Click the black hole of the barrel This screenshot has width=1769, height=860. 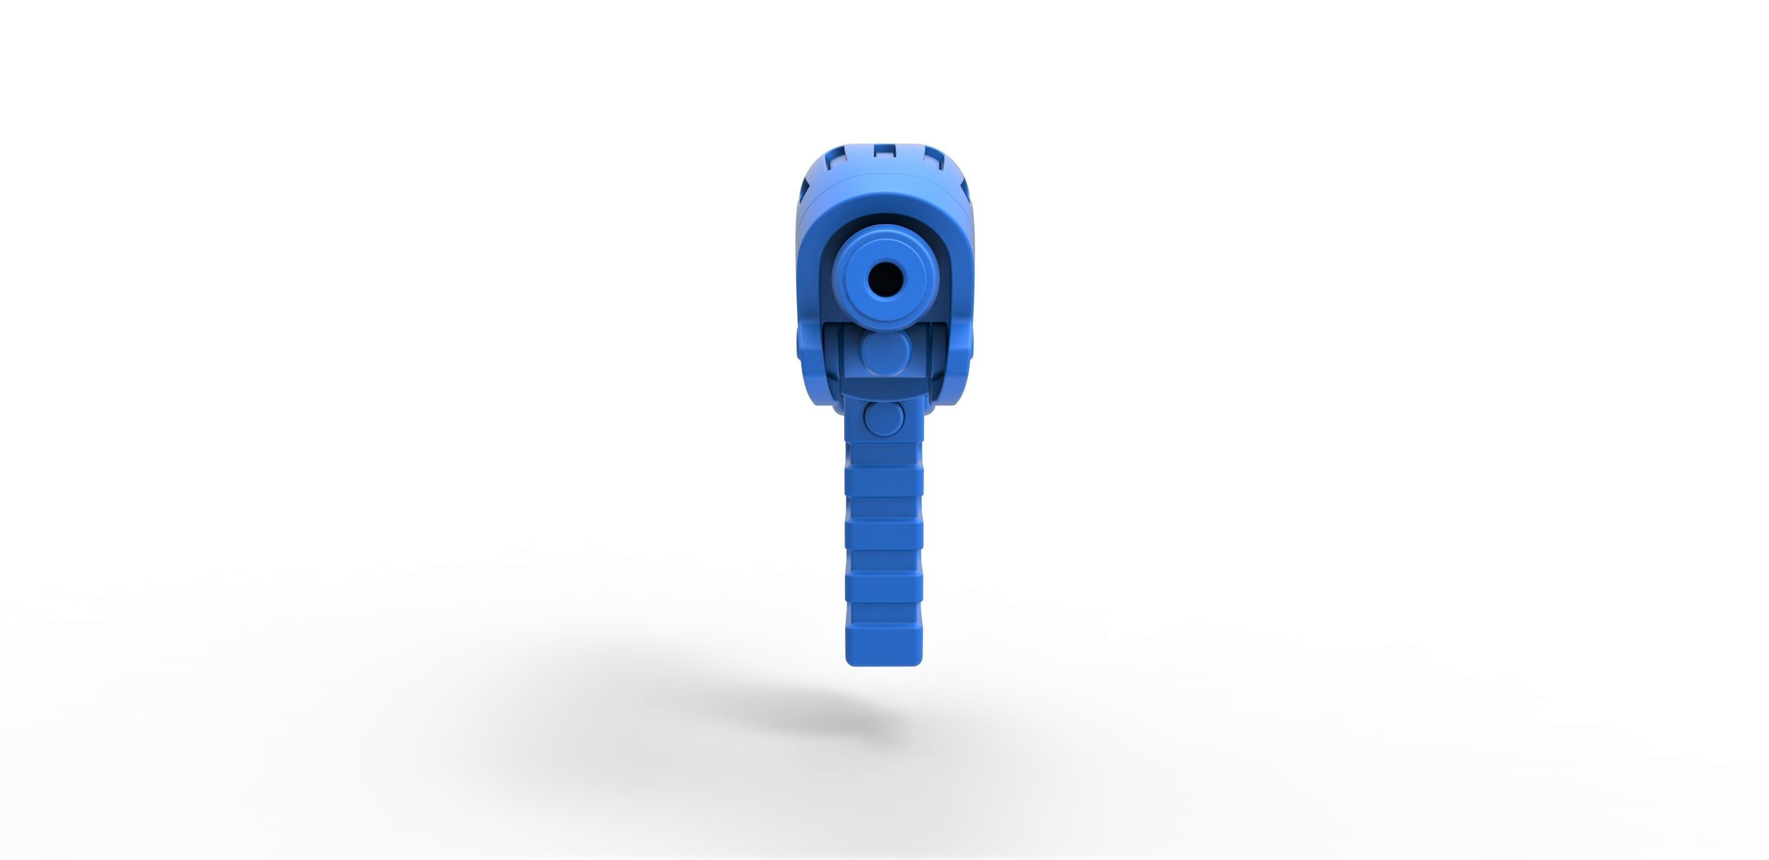pos(884,278)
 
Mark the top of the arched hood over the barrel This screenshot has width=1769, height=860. pos(884,209)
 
